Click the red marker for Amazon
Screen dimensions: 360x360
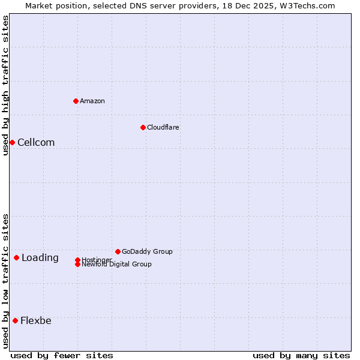(76, 101)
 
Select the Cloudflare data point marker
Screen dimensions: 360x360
(143, 127)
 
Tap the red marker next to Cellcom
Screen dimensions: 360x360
(12, 142)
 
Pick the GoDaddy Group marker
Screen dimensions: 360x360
(118, 251)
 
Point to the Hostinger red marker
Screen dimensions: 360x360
(77, 260)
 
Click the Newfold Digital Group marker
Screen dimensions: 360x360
(77, 265)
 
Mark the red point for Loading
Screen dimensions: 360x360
(16, 258)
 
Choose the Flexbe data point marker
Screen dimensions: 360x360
(15, 320)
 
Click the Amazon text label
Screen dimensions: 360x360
(92, 101)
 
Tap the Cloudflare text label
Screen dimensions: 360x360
(163, 127)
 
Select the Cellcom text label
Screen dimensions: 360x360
(36, 142)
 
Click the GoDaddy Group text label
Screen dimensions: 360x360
(147, 251)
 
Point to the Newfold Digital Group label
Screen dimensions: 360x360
(117, 265)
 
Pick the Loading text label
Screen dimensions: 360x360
(40, 258)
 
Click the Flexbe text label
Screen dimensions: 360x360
(36, 320)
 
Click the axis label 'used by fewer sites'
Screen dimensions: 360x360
(62, 355)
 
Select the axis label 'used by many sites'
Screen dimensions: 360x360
(301, 355)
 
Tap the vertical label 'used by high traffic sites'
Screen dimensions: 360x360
(5, 85)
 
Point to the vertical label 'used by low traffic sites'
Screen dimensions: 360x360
(5, 281)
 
